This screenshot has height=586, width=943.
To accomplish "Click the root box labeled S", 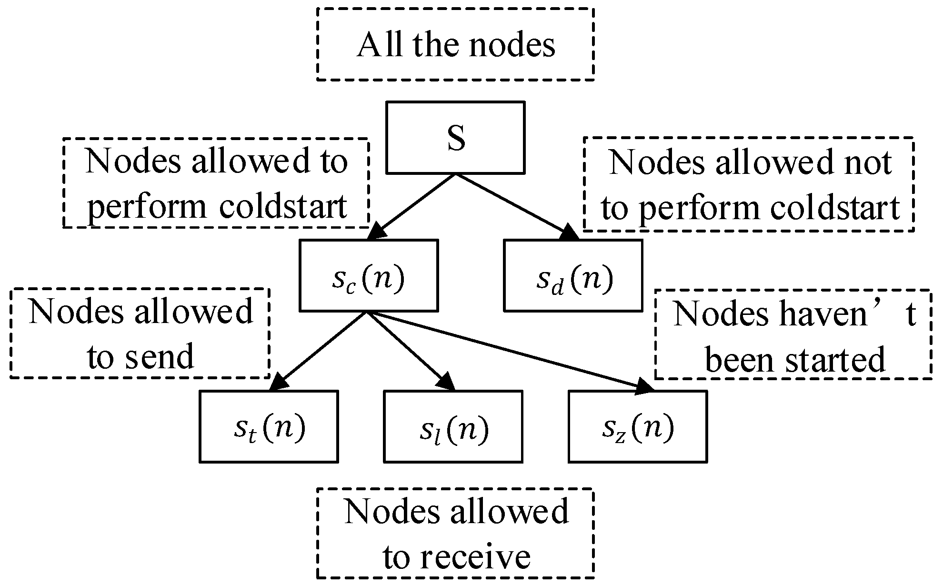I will [x=455, y=137].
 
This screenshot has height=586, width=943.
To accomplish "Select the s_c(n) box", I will [x=368, y=275].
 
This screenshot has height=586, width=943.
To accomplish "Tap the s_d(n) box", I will [x=573, y=275].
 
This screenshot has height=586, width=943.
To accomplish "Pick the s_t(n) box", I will [x=269, y=426].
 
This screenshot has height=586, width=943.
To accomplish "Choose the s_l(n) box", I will [x=453, y=426].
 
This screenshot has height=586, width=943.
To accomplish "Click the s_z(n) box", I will [x=637, y=426].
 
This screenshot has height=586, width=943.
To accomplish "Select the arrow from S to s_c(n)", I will [x=414, y=205].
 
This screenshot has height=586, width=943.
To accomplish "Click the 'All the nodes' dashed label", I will [x=455, y=44].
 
